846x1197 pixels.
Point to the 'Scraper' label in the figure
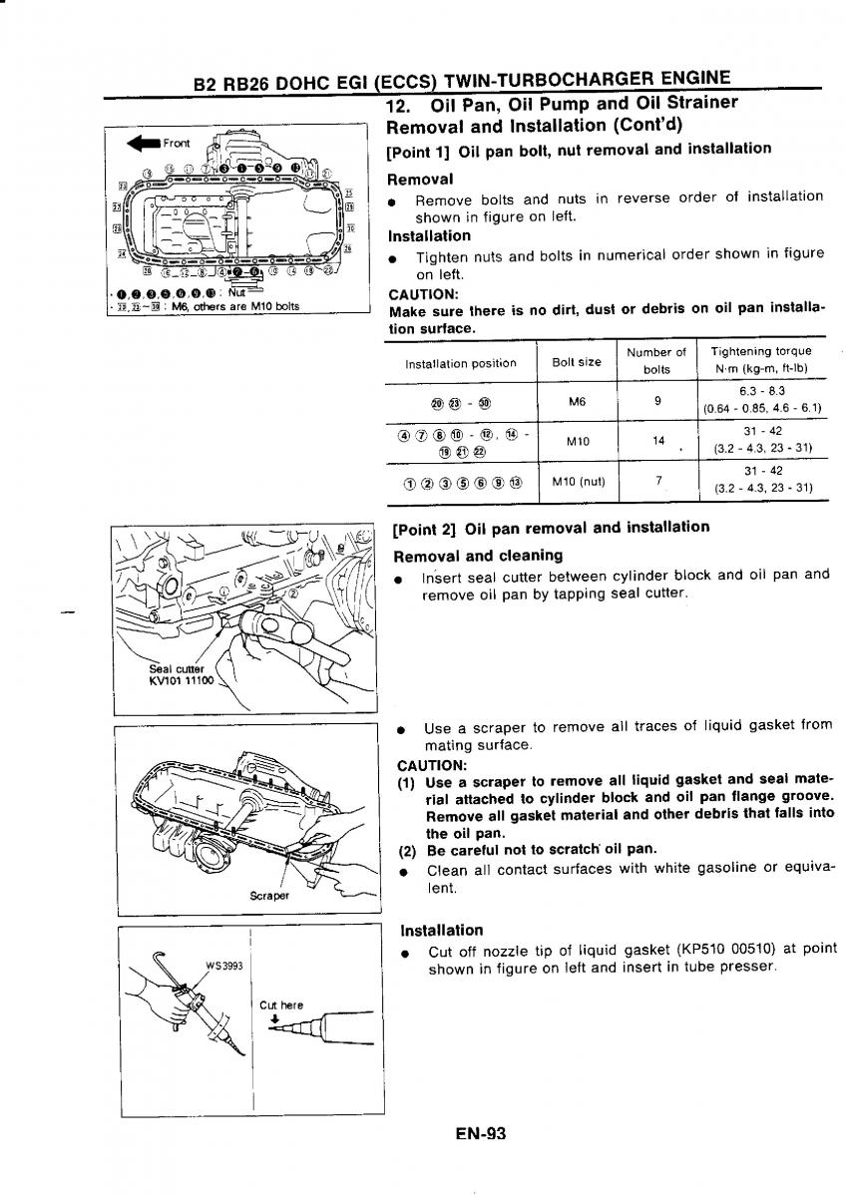tap(269, 895)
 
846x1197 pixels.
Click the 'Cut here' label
tap(280, 1004)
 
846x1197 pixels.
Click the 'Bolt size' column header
tap(577, 362)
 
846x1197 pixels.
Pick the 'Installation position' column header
tap(460, 363)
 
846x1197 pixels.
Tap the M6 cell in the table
tap(577, 401)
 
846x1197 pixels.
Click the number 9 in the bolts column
tap(656, 401)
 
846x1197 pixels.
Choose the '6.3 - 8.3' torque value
tap(763, 392)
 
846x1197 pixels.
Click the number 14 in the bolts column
tap(656, 440)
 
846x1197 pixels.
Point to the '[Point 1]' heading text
tap(418, 150)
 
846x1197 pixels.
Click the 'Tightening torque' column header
tap(761, 351)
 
